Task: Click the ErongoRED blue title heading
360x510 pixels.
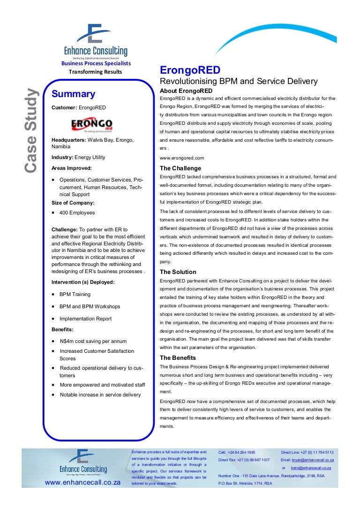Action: (190, 70)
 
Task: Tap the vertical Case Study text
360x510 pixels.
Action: (31, 130)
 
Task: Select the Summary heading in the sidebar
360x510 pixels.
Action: (73, 94)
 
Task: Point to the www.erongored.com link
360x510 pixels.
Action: (182, 158)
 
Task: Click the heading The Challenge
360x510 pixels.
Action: (180, 168)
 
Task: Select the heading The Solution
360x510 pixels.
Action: (178, 272)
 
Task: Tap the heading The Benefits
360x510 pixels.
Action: (178, 358)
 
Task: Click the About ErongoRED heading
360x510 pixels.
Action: (186, 91)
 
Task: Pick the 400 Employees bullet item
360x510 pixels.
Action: (77, 213)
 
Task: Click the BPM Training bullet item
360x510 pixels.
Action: (75, 294)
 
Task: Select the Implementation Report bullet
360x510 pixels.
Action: (85, 319)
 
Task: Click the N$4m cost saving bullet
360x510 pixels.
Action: (93, 341)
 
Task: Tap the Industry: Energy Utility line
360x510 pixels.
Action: (78, 157)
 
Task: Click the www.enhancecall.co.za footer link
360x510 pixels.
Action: (83, 482)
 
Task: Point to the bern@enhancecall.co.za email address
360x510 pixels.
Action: (311, 468)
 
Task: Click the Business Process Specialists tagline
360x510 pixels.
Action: (96, 63)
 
